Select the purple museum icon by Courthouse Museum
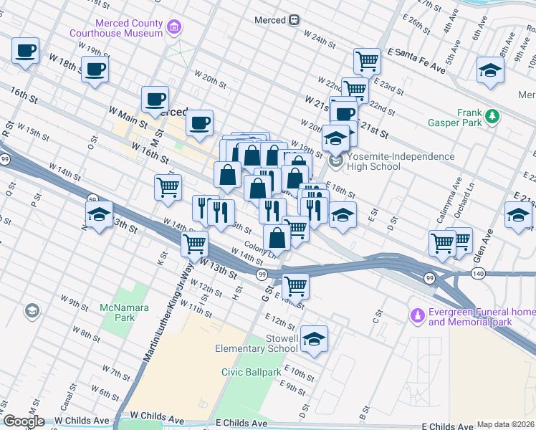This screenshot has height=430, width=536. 173,29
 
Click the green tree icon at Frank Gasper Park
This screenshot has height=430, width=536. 492,116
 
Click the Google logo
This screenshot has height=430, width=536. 23,421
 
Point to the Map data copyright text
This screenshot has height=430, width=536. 505,424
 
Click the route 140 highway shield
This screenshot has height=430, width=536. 478,274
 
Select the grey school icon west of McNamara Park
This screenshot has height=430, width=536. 31,310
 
